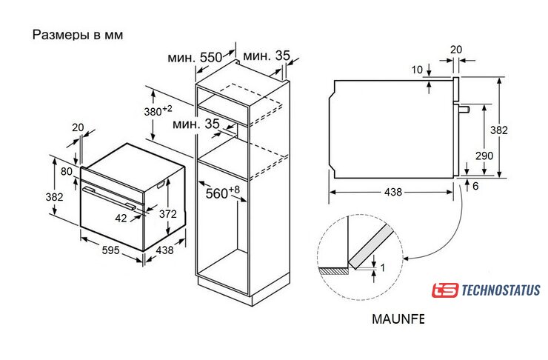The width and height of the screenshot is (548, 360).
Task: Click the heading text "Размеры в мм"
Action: click(78, 35)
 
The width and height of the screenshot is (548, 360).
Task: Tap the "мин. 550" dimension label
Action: click(195, 57)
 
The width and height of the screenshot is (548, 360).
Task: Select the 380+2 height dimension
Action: click(158, 111)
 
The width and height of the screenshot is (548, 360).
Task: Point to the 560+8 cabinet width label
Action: click(222, 193)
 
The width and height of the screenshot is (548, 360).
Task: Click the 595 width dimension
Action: click(110, 250)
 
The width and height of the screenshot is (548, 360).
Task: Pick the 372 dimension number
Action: click(168, 213)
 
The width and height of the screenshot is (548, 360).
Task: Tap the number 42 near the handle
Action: click(121, 218)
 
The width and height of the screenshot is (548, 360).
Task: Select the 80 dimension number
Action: click(67, 171)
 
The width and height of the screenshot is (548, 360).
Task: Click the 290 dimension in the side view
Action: click(484, 156)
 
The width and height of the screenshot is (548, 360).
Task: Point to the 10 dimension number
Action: click(417, 70)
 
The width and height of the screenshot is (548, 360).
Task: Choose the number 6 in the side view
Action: click(475, 186)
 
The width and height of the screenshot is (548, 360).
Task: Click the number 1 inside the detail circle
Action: click(383, 267)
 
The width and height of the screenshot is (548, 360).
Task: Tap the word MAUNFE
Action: click(398, 319)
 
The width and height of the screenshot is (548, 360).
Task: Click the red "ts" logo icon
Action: click(444, 290)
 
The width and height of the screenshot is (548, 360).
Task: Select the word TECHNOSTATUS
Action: click(501, 290)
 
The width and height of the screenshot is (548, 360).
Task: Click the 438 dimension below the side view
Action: click(393, 192)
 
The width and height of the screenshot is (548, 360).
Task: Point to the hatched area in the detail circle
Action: click(333, 271)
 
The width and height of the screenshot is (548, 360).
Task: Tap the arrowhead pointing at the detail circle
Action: click(406, 259)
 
